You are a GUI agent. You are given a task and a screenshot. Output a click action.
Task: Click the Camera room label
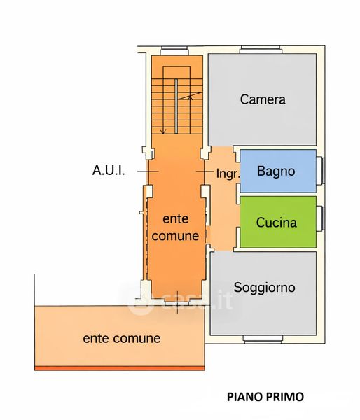click(263, 99)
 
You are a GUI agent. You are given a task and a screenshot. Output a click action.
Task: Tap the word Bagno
click(276, 171)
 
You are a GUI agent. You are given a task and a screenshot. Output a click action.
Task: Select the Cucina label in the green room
click(277, 223)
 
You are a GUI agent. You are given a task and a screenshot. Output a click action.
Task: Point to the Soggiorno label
click(264, 288)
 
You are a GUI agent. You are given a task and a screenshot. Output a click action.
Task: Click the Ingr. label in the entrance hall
click(228, 174)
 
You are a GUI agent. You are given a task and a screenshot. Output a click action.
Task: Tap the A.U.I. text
click(109, 170)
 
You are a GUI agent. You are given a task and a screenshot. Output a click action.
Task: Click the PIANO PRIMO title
click(265, 397)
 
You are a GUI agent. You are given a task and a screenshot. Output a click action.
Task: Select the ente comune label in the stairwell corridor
click(175, 227)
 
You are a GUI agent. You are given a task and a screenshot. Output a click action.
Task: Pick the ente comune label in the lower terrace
click(122, 338)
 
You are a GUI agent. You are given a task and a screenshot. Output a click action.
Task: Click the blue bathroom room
click(278, 171)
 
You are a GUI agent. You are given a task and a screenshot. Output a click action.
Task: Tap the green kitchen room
click(278, 222)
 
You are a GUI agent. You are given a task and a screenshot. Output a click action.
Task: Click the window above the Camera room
click(261, 50)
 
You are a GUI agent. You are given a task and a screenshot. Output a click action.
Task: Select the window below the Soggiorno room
click(263, 339)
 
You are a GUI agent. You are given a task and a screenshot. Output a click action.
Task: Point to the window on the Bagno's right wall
click(321, 171)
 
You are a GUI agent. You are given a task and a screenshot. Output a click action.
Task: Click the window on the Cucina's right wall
click(321, 218)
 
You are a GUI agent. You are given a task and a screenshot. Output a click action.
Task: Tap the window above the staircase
click(174, 50)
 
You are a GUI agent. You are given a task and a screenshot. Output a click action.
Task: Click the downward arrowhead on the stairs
click(163, 132)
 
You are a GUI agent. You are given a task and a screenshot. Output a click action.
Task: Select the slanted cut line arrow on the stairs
click(190, 96)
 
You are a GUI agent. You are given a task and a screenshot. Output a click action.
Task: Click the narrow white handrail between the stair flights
click(176, 106)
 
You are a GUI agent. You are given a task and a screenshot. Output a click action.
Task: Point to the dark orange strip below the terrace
click(120, 368)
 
